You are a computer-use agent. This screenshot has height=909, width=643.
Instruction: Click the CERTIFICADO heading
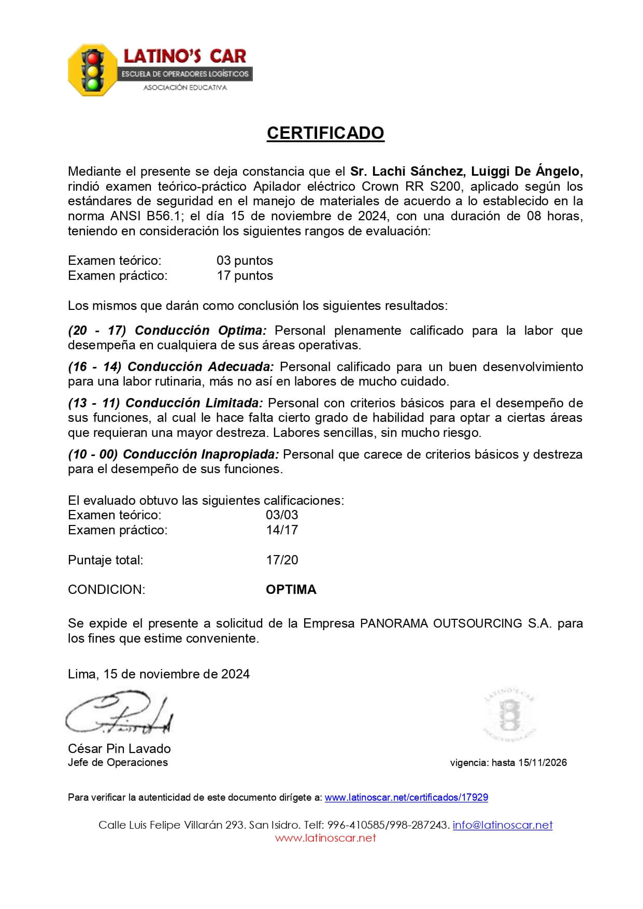(325, 133)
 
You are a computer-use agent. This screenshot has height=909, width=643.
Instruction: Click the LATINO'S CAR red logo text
(184, 56)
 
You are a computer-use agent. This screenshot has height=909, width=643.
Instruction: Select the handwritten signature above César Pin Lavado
(119, 715)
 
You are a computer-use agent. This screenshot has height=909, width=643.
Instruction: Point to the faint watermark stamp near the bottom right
(509, 715)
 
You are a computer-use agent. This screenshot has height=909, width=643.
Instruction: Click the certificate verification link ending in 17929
(406, 798)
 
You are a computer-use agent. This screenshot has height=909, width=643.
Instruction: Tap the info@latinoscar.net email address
(503, 825)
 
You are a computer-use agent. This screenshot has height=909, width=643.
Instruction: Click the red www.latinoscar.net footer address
(325, 838)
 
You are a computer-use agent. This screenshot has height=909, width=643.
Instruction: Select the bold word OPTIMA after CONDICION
(291, 590)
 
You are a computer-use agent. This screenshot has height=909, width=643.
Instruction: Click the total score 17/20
(282, 560)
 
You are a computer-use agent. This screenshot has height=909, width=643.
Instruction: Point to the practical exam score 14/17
(282, 530)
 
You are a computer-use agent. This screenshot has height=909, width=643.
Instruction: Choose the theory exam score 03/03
(282, 515)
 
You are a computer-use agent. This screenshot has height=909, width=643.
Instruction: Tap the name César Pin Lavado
(119, 748)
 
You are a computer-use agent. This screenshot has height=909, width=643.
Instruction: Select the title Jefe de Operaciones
(118, 762)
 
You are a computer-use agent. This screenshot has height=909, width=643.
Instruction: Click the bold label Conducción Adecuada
(201, 367)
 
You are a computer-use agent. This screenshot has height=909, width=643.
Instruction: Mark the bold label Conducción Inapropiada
(201, 454)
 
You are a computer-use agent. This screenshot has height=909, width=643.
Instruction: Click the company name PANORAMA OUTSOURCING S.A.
(456, 623)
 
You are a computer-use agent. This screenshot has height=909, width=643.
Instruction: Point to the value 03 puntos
(245, 261)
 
